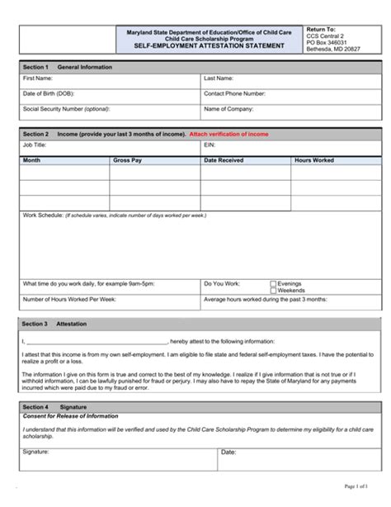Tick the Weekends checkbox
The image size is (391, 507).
273,290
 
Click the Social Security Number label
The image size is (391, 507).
66,108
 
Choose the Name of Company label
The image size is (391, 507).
229,108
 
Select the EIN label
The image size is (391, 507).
209,144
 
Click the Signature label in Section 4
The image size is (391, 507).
36,452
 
